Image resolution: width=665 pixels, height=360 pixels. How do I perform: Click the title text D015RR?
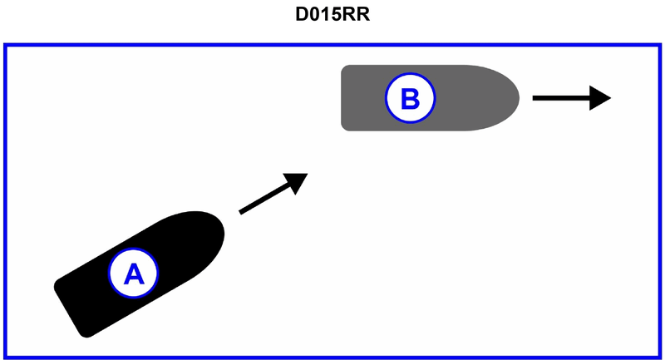tap(332, 17)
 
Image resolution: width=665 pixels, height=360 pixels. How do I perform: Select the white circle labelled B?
tap(409, 98)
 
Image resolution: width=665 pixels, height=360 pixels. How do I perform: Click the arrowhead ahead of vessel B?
tap(600, 98)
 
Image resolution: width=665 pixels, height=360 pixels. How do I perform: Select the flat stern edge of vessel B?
tap(342, 98)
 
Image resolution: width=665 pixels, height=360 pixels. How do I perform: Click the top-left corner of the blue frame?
tap(6, 45)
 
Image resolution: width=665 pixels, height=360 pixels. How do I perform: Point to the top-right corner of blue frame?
tap(659, 45)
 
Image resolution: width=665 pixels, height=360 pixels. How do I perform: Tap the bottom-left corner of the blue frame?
tap(6, 358)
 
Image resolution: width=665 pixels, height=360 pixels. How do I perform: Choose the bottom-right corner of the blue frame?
tap(659, 358)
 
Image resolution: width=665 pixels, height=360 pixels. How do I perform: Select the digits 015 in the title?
tap(330, 17)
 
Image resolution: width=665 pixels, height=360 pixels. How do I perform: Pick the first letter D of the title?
tap(302, 17)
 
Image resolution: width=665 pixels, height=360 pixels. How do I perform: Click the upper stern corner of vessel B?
tap(345, 67)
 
